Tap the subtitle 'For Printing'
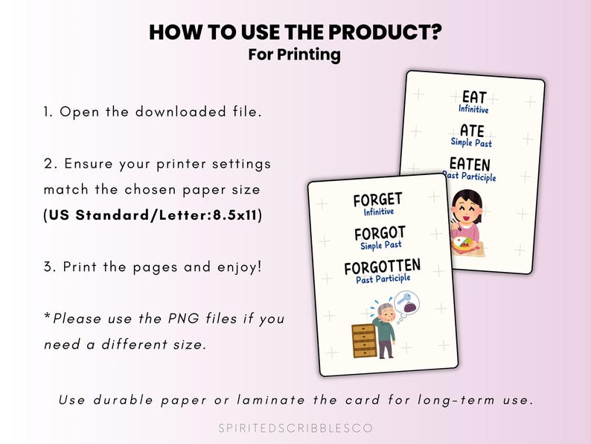pos(295,55)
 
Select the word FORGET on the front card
pos(377,200)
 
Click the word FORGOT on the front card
pos(380,235)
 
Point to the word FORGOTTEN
pos(382,267)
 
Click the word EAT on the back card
pos(474,97)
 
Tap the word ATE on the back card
pos(472,130)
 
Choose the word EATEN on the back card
pos(469,164)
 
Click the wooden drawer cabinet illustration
pos(365,340)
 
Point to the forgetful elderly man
pos(385,328)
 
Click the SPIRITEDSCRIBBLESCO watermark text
pos(295,428)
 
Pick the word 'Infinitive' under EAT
pos(473,110)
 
